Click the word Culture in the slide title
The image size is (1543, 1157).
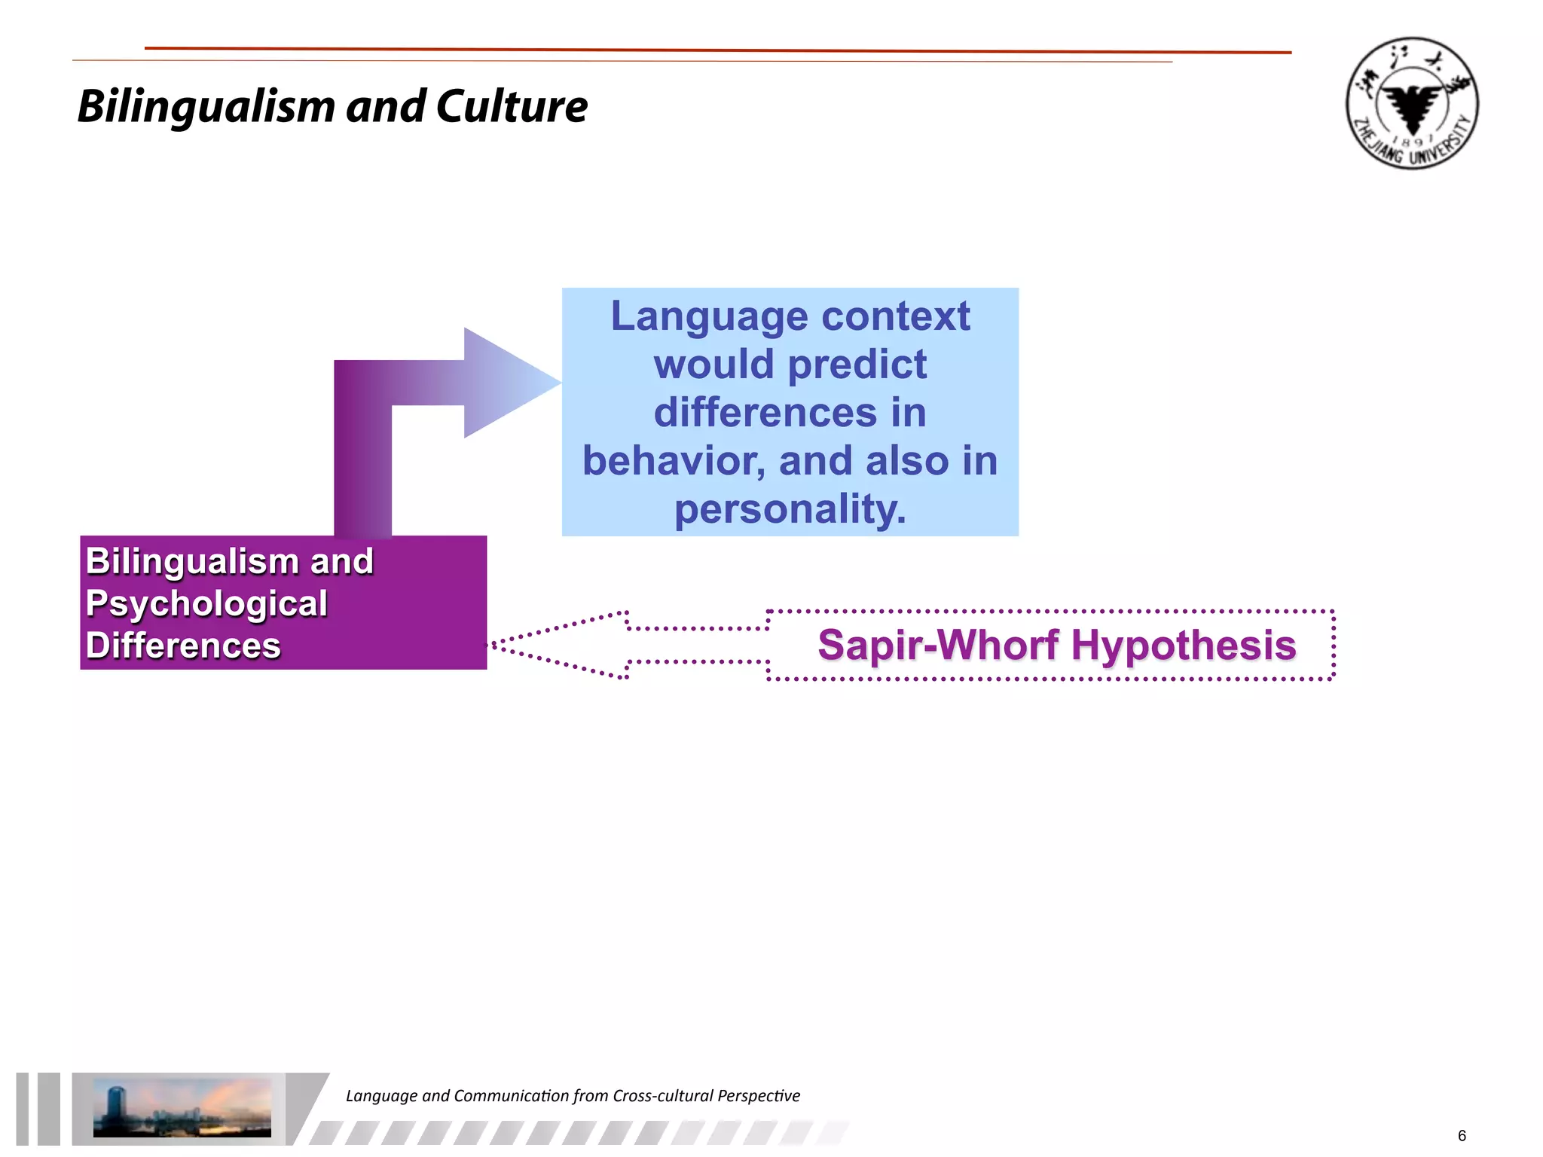click(x=512, y=106)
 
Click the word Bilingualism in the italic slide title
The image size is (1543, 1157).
click(x=205, y=108)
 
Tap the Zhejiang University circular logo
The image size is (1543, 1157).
click(x=1412, y=103)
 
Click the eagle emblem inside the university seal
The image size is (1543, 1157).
click(x=1412, y=105)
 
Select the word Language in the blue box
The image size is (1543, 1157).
click(x=707, y=316)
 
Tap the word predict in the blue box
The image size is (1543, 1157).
click(x=857, y=365)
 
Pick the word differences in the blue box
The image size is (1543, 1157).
click(x=765, y=413)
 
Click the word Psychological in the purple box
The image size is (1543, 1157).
click(x=206, y=603)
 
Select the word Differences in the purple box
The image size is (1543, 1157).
click(x=183, y=646)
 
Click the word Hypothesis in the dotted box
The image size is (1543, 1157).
click(x=1183, y=646)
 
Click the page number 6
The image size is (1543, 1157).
click(x=1462, y=1135)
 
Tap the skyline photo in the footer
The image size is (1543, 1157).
click(x=182, y=1107)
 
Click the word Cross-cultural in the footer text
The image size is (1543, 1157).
click(x=662, y=1096)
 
